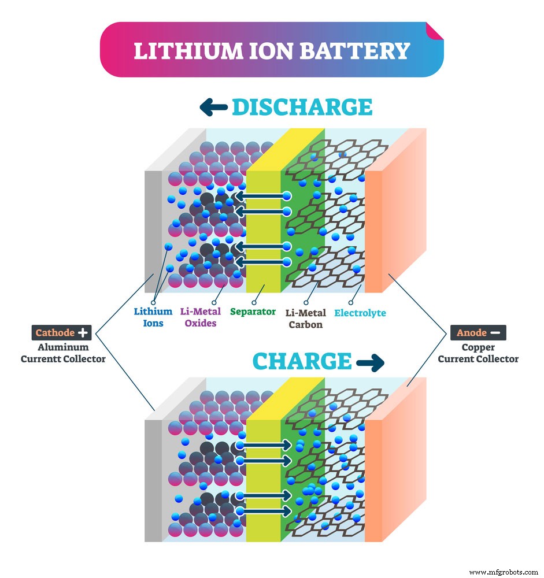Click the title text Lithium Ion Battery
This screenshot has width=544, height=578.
(x=272, y=51)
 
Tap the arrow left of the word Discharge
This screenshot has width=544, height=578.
(x=213, y=107)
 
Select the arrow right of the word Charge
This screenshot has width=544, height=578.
(x=370, y=362)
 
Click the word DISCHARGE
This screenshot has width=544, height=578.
(x=302, y=107)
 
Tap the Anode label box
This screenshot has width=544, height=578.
(x=478, y=333)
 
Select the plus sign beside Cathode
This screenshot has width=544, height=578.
(x=83, y=333)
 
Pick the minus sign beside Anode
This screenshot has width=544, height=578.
(x=495, y=333)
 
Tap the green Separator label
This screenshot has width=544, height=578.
(x=253, y=312)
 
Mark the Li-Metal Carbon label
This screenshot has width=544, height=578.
(x=305, y=318)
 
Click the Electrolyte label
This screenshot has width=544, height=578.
(x=360, y=313)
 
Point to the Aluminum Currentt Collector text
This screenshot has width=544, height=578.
(x=63, y=353)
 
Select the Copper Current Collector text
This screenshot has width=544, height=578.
(x=478, y=353)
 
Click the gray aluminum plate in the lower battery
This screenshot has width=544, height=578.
(x=153, y=480)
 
